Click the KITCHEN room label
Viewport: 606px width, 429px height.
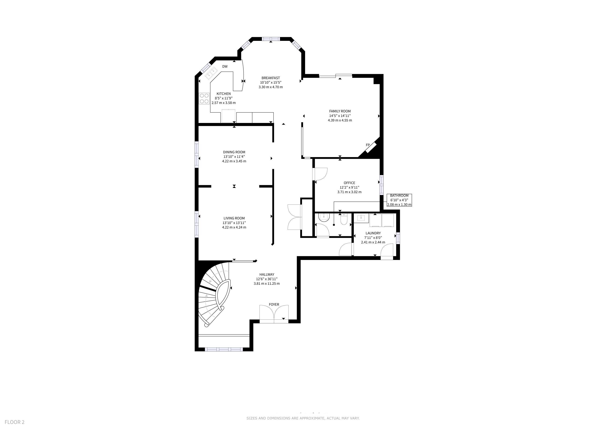click(223, 94)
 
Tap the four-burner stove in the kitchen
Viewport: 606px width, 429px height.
click(204, 98)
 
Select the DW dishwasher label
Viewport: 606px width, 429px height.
click(225, 67)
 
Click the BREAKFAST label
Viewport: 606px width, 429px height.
click(271, 78)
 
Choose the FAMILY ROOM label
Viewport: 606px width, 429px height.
click(340, 111)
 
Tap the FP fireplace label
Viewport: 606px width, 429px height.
click(368, 145)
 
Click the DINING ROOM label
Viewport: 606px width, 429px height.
click(234, 152)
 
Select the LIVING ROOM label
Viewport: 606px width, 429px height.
click(234, 218)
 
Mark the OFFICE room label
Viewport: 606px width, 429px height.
click(349, 183)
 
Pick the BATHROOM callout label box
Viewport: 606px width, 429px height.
click(399, 200)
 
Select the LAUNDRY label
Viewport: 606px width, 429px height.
click(373, 233)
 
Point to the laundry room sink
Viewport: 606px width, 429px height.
click(361, 218)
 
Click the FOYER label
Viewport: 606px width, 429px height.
click(274, 305)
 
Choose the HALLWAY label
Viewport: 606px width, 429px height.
click(267, 274)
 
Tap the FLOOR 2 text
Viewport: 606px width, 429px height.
click(14, 422)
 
